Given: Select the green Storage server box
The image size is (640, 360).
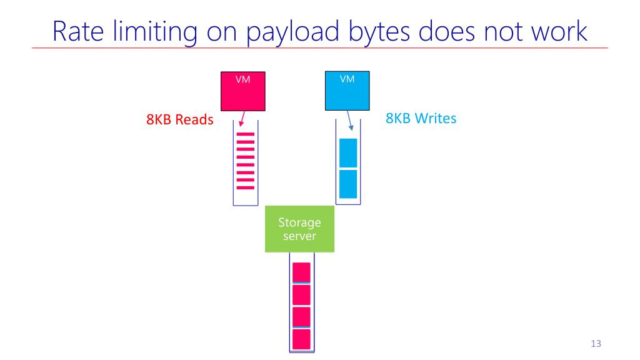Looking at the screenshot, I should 299,229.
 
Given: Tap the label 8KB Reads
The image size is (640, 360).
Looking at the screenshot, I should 179,120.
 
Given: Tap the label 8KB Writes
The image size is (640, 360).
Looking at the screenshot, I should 421,118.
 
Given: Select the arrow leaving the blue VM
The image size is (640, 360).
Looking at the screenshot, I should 348,119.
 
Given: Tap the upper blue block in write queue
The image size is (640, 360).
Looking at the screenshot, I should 347,153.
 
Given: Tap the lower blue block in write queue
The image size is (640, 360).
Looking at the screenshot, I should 347,184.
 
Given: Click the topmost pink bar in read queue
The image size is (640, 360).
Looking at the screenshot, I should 245,135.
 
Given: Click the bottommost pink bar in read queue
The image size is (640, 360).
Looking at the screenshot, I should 245,187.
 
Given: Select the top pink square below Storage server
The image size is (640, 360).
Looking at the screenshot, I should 302,273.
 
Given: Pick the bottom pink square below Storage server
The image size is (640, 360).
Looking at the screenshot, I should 302,339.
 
